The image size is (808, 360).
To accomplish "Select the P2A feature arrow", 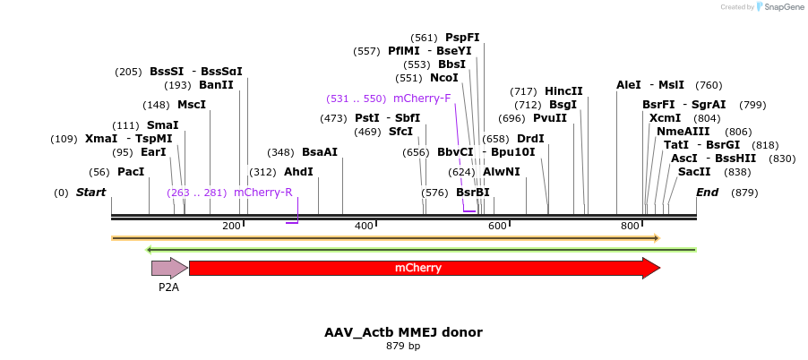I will [168, 268].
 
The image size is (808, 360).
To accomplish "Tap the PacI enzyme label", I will [131, 172].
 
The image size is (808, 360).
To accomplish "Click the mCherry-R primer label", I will [263, 193].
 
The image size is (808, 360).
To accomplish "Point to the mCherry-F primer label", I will [422, 99].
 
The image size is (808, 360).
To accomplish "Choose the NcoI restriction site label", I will [444, 78].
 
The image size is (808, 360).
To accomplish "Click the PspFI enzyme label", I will [462, 38].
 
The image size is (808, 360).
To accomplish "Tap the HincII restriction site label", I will [563, 91].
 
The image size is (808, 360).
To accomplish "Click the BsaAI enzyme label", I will [320, 152].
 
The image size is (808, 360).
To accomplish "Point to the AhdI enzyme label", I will [298, 172].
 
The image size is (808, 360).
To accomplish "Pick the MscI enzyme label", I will [192, 105].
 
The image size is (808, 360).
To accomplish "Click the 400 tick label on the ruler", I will [364, 226].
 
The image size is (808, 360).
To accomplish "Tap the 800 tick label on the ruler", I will [630, 226].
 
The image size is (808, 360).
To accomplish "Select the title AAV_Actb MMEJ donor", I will [403, 332].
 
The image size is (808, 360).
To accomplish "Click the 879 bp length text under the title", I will [403, 346].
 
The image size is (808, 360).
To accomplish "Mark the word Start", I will [90, 193].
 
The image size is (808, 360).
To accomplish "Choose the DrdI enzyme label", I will [530, 139].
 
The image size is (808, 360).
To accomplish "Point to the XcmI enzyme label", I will [665, 118].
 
